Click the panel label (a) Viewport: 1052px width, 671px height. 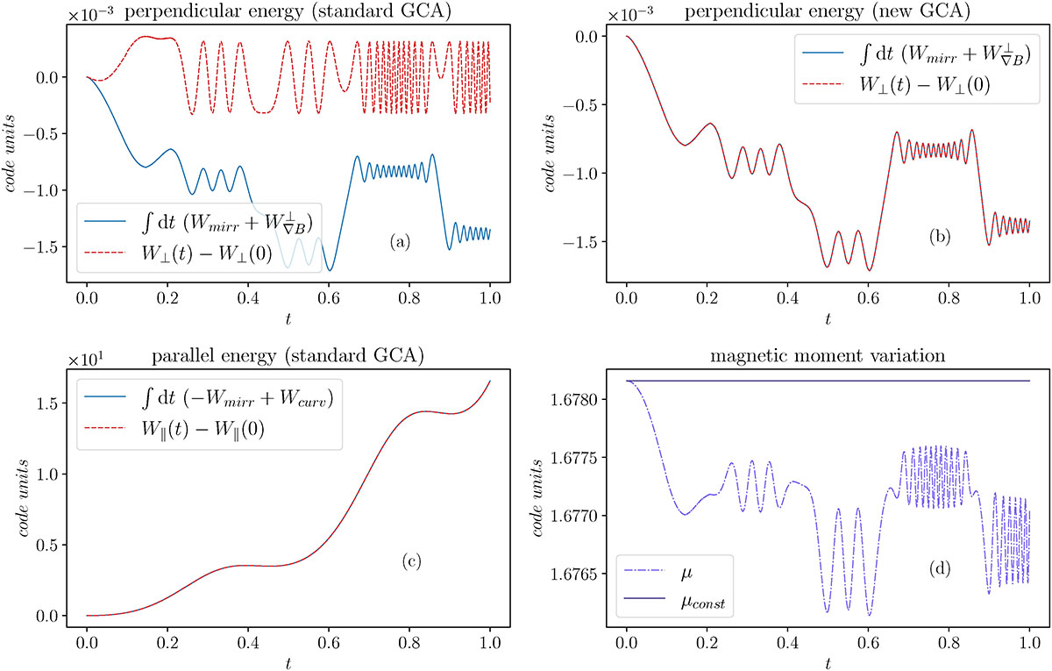(x=399, y=243)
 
